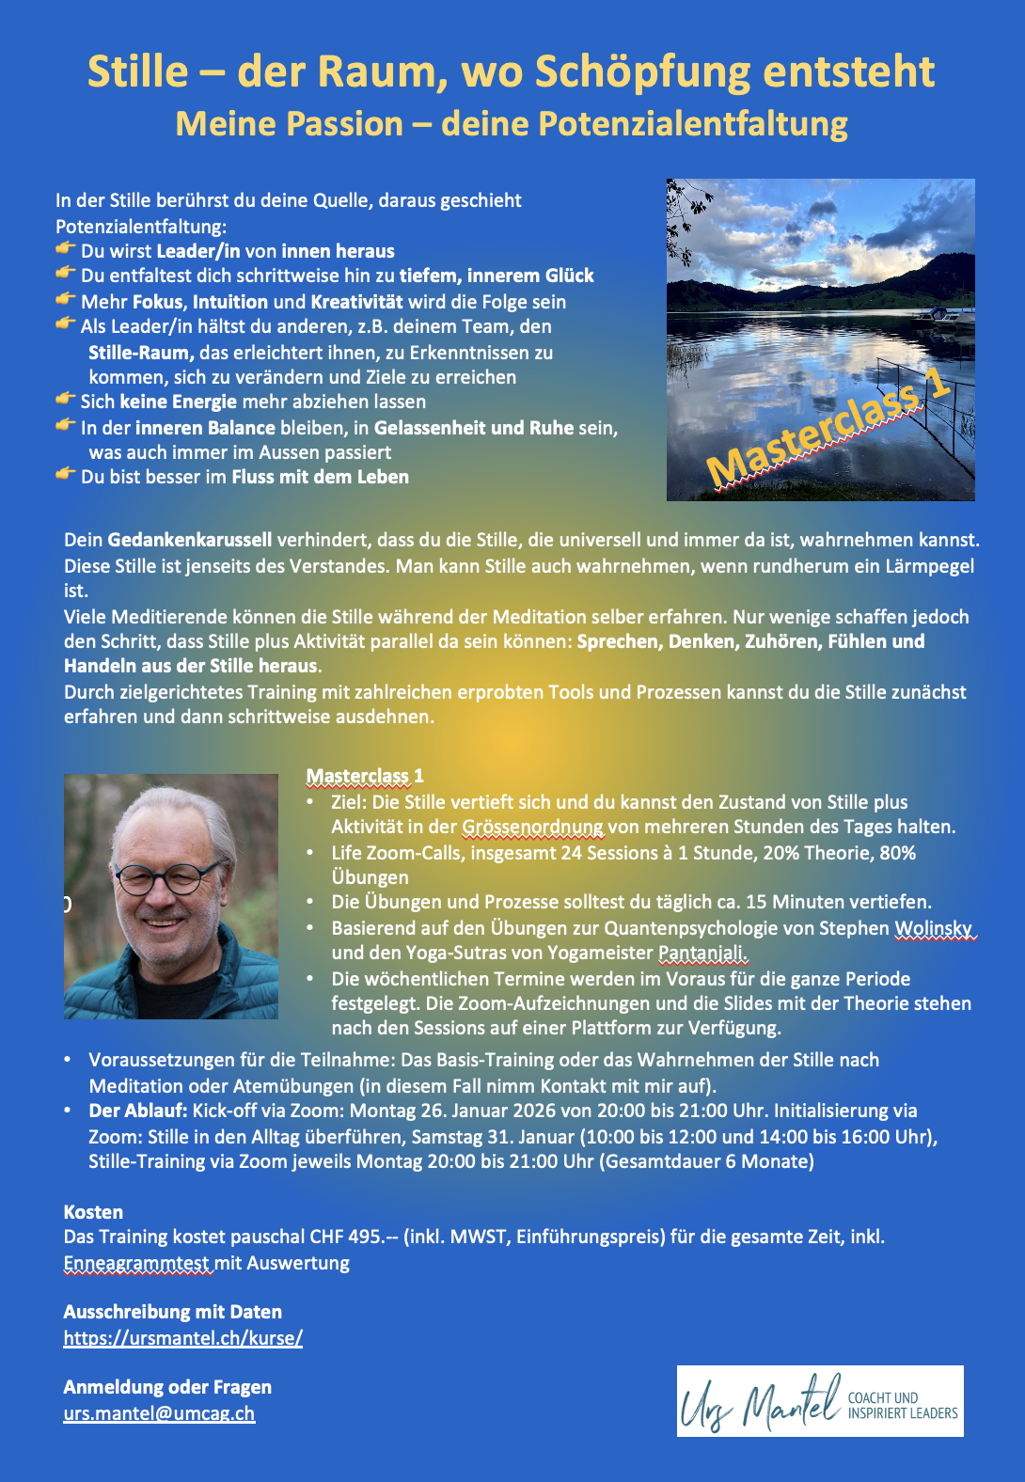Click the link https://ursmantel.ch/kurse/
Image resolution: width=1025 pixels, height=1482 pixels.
[183, 1337]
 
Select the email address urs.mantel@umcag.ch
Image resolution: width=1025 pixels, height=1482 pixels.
[159, 1413]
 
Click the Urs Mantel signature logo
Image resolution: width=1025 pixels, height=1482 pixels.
[819, 1401]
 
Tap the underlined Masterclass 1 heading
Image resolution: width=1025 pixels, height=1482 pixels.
[365, 776]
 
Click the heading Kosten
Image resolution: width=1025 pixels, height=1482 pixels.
[93, 1212]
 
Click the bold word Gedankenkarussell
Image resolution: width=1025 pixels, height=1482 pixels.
[189, 540]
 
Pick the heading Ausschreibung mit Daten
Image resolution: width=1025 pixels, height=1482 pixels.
[172, 1312]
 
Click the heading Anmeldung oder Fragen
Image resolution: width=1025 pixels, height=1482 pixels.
[167, 1387]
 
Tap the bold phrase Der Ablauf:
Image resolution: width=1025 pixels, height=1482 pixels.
[138, 1111]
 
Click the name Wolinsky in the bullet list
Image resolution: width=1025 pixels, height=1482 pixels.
[933, 928]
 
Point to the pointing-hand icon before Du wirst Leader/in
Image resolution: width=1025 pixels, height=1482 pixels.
[65, 249]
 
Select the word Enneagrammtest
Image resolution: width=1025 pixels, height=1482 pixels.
[137, 1263]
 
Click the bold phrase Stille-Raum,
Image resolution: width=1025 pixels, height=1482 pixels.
[141, 353]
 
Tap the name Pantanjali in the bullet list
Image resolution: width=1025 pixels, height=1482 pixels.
[702, 953]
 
